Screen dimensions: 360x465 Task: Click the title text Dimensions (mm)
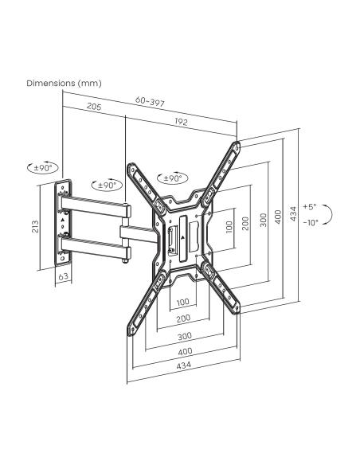(64, 83)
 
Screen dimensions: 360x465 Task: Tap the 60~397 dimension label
(150, 101)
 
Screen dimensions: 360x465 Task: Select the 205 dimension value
(94, 107)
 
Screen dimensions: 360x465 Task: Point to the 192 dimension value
(181, 122)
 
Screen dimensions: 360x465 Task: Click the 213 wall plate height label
(35, 226)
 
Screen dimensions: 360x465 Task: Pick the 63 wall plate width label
(64, 276)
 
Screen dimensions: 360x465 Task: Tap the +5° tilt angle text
(310, 207)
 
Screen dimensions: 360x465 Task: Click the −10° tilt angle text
(311, 223)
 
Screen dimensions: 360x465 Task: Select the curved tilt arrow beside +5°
(331, 214)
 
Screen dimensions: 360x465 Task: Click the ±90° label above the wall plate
(43, 168)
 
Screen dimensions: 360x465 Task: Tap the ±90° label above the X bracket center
(173, 178)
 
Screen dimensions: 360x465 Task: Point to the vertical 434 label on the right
(293, 213)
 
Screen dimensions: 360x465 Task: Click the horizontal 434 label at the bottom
(183, 365)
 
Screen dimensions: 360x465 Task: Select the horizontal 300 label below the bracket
(185, 336)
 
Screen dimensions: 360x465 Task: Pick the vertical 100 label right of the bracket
(229, 227)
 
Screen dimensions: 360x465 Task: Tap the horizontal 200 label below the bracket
(183, 318)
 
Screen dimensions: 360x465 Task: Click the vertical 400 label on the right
(278, 217)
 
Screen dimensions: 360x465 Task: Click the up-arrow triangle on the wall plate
(63, 220)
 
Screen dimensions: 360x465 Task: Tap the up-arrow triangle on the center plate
(183, 237)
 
